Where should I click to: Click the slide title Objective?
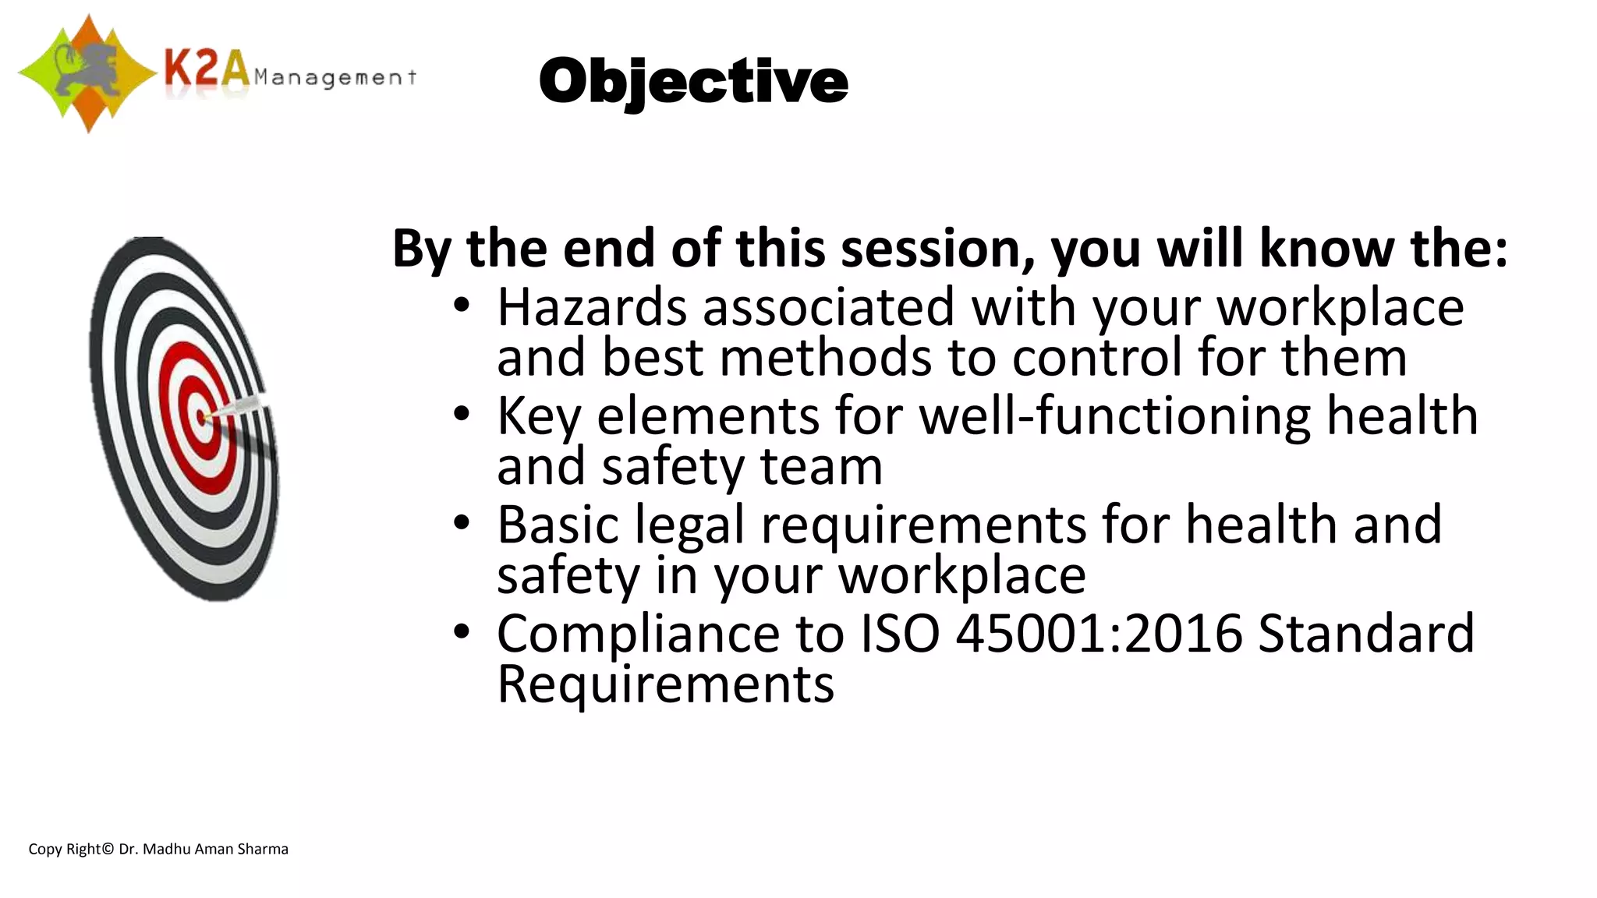click(x=692, y=82)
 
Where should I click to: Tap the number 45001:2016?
click(x=1099, y=633)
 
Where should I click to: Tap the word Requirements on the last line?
click(x=665, y=684)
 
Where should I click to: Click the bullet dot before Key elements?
click(x=462, y=414)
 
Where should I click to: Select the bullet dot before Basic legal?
click(x=462, y=523)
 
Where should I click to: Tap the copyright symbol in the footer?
click(x=108, y=850)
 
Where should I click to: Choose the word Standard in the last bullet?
click(x=1366, y=633)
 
